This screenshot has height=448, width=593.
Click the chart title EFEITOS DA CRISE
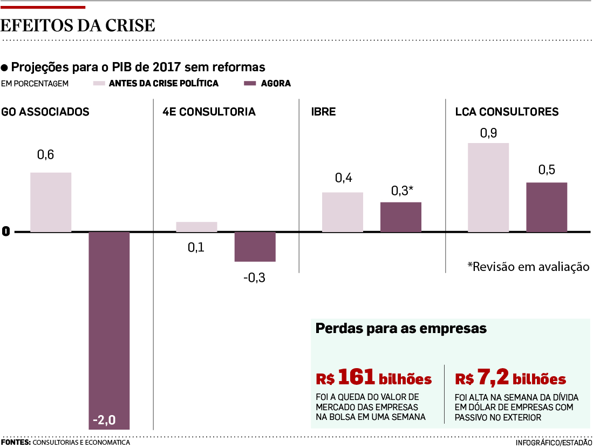tap(78, 25)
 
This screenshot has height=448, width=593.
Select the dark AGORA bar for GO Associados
tap(109, 324)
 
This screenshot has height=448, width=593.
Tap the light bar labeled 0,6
tap(51, 202)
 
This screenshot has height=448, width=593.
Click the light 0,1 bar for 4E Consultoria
tap(196, 227)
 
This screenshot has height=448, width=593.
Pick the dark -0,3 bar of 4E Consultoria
tap(255, 247)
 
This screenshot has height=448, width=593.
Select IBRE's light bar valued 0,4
tap(343, 212)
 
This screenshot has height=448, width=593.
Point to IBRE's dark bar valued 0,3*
tap(401, 217)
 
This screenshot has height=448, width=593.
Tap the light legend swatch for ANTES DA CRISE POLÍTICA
tap(99, 84)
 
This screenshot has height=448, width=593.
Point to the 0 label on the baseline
tap(6, 232)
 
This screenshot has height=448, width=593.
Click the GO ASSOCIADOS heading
tap(45, 112)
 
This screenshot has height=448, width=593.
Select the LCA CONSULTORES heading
tap(507, 112)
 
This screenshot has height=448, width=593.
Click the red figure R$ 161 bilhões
tap(373, 379)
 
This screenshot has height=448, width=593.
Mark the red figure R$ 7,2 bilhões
tap(510, 379)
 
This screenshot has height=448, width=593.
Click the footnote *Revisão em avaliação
tap(528, 267)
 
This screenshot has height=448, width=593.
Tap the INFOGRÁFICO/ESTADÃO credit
tap(554, 443)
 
